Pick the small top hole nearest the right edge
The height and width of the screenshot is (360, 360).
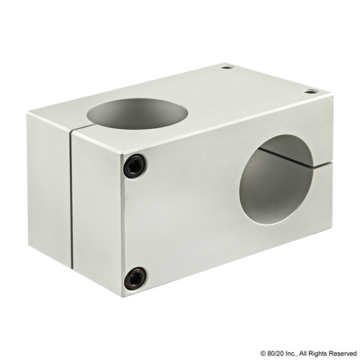point(311,91)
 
